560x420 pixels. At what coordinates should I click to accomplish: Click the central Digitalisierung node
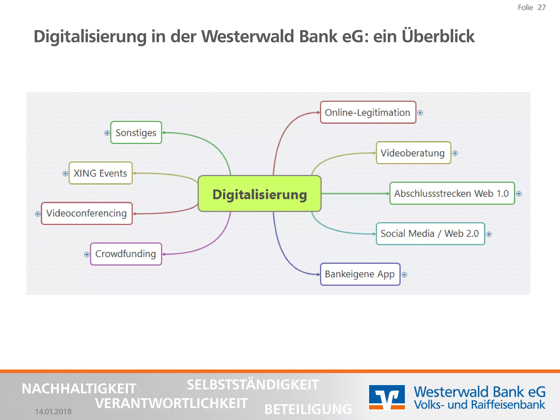click(259, 194)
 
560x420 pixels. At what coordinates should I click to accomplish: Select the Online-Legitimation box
click(368, 112)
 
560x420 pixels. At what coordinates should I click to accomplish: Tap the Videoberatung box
click(413, 153)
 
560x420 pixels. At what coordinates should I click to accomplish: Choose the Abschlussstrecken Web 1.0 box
click(452, 193)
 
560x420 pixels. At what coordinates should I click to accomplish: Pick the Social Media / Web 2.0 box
click(430, 234)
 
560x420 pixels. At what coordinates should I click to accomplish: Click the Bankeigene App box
click(360, 274)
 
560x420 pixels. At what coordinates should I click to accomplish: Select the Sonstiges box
click(136, 133)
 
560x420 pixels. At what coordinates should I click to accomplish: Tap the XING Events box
click(101, 173)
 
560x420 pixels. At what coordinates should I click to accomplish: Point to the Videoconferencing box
click(87, 214)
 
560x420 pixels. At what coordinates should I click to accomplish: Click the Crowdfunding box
click(126, 254)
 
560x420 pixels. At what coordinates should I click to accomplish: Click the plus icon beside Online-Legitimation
click(420, 113)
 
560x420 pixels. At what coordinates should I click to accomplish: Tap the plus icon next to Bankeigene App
click(404, 275)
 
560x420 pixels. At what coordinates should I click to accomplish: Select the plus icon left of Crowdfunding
click(87, 255)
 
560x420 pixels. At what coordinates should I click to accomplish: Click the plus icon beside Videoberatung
click(455, 153)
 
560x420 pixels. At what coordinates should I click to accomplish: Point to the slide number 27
click(541, 8)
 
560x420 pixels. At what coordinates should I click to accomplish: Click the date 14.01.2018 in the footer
click(53, 412)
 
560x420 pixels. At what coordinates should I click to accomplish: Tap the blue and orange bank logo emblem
click(387, 397)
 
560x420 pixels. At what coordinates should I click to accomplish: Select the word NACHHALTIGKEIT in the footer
click(79, 389)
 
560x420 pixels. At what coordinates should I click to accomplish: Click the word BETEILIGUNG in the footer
click(308, 409)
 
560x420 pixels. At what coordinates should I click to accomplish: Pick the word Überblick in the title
click(438, 36)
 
